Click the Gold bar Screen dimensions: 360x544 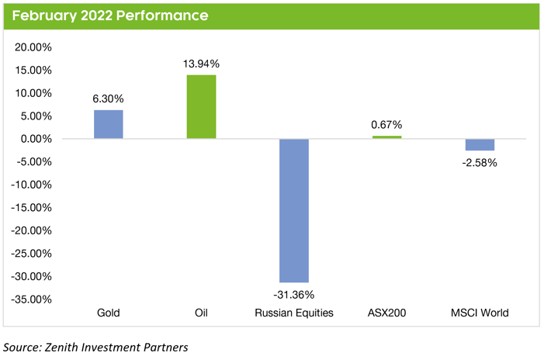click(x=108, y=124)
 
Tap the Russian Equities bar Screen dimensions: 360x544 click(x=294, y=210)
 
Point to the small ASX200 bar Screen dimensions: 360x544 click(x=387, y=137)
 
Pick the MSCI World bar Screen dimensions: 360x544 click(x=480, y=145)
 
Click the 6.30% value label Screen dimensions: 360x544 click(x=108, y=99)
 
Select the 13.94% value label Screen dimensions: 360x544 click(x=201, y=64)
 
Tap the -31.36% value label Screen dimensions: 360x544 click(x=294, y=294)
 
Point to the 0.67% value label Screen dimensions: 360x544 click(x=387, y=126)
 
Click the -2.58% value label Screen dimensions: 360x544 click(x=480, y=163)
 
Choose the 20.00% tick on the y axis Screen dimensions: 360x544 click(x=33, y=47)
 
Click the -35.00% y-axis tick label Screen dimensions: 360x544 click(x=32, y=299)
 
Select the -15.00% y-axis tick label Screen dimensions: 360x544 click(x=32, y=208)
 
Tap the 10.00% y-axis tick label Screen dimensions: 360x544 click(x=33, y=93)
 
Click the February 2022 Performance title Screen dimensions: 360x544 click(x=109, y=16)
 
